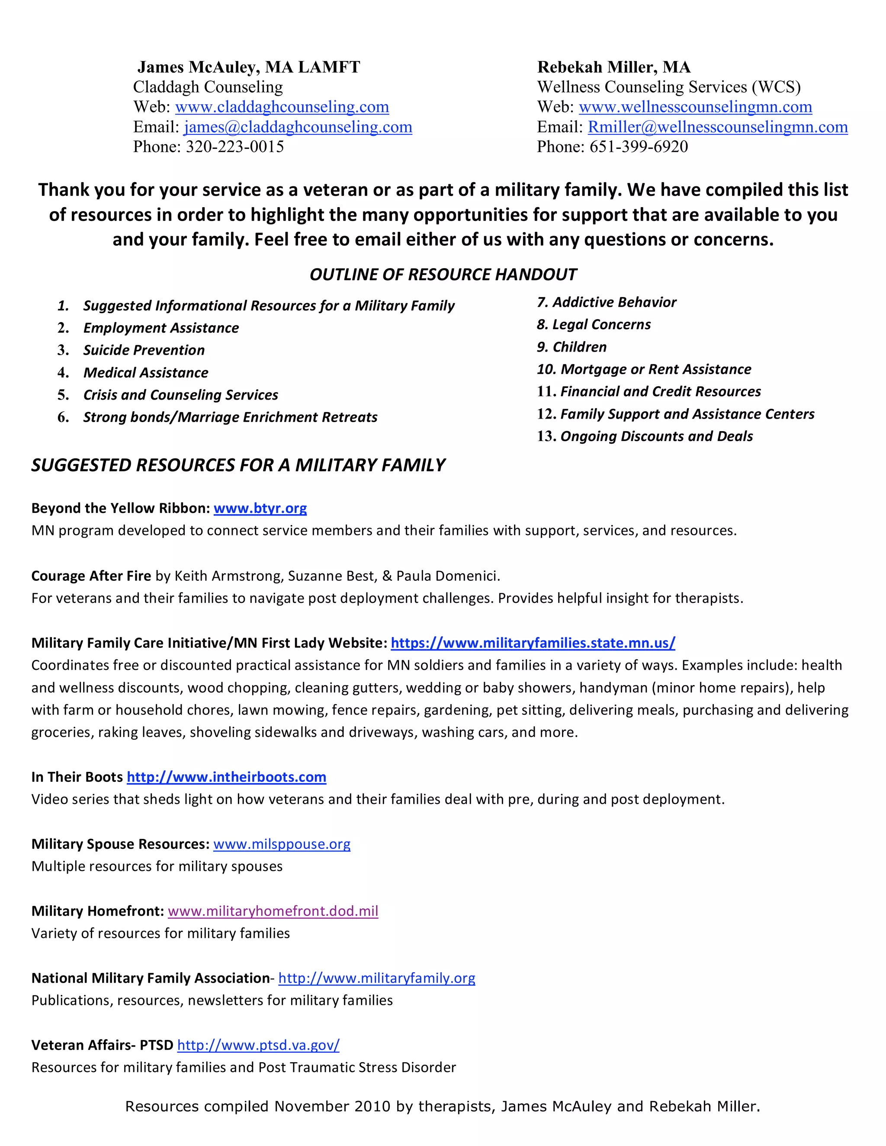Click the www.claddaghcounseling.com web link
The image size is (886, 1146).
pos(282,107)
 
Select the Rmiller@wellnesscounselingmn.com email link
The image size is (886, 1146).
pos(718,127)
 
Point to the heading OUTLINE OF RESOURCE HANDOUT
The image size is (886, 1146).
pos(443,275)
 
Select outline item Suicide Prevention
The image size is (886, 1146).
pos(144,350)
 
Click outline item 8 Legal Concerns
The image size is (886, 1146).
pos(594,325)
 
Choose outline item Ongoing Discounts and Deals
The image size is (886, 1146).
pos(656,437)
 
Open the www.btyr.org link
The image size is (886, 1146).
pos(260,509)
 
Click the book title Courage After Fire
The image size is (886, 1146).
pos(91,576)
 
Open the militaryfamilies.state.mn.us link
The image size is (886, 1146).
pos(533,643)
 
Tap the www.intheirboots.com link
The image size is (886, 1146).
pos(226,777)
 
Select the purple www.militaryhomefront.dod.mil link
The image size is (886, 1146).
pos(273,912)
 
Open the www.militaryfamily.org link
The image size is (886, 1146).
pos(376,979)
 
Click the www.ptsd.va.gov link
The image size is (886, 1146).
pos(258,1045)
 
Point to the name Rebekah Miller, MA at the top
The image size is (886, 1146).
pos(613,67)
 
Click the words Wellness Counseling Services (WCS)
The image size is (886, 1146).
pos(669,87)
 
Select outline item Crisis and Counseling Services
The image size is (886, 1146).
pos(180,395)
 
